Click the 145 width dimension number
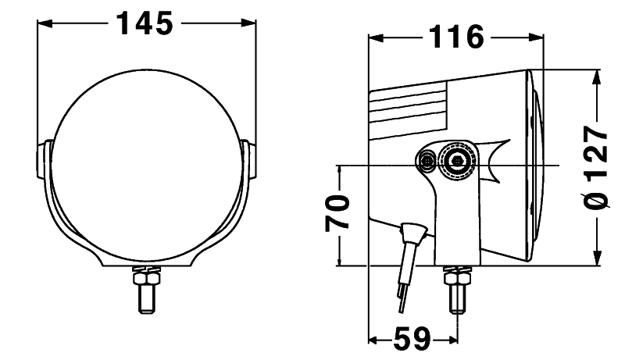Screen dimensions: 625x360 (x=145, y=23)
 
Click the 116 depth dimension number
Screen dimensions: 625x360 (x=456, y=37)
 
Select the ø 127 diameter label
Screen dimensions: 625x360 (x=597, y=166)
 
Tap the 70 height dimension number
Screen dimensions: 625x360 (x=337, y=213)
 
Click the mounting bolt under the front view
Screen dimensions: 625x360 (x=147, y=290)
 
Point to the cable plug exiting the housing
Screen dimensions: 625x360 (x=411, y=258)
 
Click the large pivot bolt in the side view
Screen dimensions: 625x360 (x=457, y=160)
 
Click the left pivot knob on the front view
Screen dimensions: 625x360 (x=43, y=160)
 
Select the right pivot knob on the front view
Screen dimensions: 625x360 (x=249, y=160)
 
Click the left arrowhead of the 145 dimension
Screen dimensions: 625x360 (x=45, y=23)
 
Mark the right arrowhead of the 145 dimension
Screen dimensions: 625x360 (x=248, y=23)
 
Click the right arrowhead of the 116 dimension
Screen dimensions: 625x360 (x=536, y=37)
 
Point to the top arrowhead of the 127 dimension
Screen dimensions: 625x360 (x=597, y=77)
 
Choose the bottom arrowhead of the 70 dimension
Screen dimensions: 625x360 (x=339, y=258)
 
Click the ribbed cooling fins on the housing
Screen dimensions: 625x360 (x=408, y=105)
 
